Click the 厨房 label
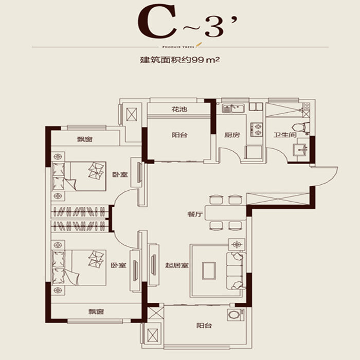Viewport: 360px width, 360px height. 232,135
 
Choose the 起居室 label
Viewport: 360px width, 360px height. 176,265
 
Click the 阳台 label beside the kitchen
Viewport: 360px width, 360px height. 179,135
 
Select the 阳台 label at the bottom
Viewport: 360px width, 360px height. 204,326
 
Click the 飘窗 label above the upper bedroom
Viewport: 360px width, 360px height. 85,139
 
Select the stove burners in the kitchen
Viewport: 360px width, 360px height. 256,129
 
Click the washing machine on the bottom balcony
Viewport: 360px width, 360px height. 234,316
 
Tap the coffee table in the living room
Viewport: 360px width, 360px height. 209,271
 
